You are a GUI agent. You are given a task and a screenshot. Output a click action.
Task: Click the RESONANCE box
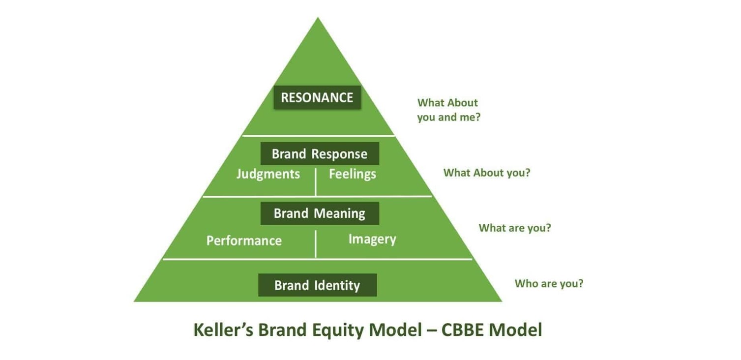tap(317, 97)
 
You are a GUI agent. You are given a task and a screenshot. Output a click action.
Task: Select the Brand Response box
tap(320, 153)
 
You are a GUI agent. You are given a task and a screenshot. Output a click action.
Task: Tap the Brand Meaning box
tap(320, 213)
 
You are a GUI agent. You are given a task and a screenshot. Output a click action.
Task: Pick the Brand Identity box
tap(318, 285)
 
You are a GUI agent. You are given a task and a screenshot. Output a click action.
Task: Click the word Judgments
tap(268, 174)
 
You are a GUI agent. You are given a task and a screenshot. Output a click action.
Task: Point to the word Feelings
tap(352, 174)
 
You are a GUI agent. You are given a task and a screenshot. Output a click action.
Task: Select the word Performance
tap(244, 240)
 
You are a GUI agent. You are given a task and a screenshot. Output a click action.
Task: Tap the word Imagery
tap(372, 239)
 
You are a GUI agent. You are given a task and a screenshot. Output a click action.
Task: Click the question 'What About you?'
tap(487, 173)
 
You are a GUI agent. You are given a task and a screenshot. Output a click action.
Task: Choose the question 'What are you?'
tap(515, 228)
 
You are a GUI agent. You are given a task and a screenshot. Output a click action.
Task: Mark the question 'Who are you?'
tap(549, 284)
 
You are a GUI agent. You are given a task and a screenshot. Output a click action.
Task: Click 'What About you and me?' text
tap(449, 110)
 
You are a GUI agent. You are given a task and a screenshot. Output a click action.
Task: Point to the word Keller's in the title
tap(223, 330)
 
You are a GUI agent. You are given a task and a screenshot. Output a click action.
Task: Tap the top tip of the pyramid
tap(318, 18)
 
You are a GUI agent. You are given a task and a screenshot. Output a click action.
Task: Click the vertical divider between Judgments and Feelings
tap(316, 182)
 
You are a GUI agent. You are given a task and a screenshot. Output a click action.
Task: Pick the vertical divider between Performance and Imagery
tap(316, 244)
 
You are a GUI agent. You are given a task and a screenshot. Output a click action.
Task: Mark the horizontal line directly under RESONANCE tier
tap(319, 136)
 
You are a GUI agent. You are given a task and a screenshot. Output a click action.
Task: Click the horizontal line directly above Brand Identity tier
tap(318, 259)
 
